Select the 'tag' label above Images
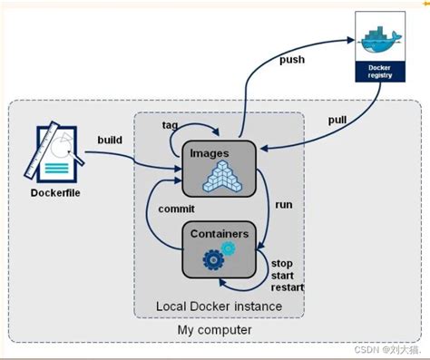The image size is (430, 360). pos(170,123)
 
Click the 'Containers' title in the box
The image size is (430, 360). pos(218,233)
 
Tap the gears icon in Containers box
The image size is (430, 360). pos(216,259)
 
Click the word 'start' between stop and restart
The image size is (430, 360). pos(284,275)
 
